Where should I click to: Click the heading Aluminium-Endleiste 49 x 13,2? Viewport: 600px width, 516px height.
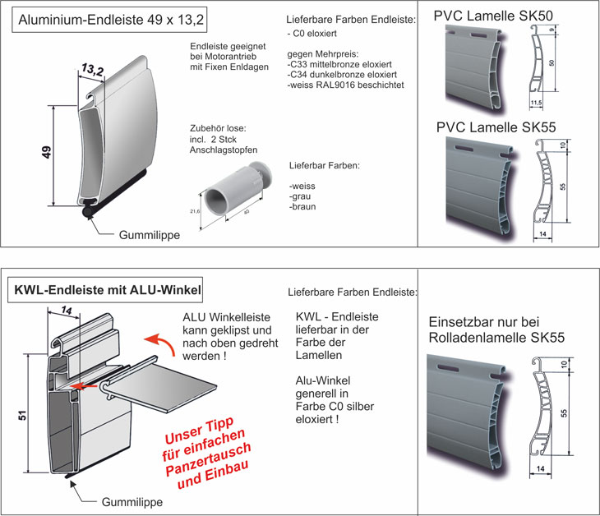111,20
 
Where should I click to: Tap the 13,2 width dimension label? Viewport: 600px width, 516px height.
93,70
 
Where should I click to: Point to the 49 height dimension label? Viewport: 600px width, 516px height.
46,152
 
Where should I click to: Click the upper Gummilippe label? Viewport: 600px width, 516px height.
150,235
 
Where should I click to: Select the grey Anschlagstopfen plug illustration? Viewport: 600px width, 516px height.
237,191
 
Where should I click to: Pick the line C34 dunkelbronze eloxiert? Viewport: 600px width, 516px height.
342,75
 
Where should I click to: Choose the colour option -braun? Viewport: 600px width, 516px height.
302,207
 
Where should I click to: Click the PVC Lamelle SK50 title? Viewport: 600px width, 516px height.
493,16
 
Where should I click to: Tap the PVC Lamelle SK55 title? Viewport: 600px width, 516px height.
496,127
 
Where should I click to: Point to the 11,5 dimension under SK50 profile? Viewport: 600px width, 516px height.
536,103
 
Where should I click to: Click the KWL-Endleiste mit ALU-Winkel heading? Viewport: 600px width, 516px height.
108,290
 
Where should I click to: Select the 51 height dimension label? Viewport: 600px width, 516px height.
22,415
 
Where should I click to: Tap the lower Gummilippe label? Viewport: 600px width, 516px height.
132,502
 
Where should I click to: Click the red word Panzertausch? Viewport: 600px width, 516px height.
208,459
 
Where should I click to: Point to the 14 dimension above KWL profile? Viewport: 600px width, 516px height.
67,311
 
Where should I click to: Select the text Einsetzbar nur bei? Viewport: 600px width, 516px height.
483,322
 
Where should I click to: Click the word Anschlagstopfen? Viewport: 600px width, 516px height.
224,150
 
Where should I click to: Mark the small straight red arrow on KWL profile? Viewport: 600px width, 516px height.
84,386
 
